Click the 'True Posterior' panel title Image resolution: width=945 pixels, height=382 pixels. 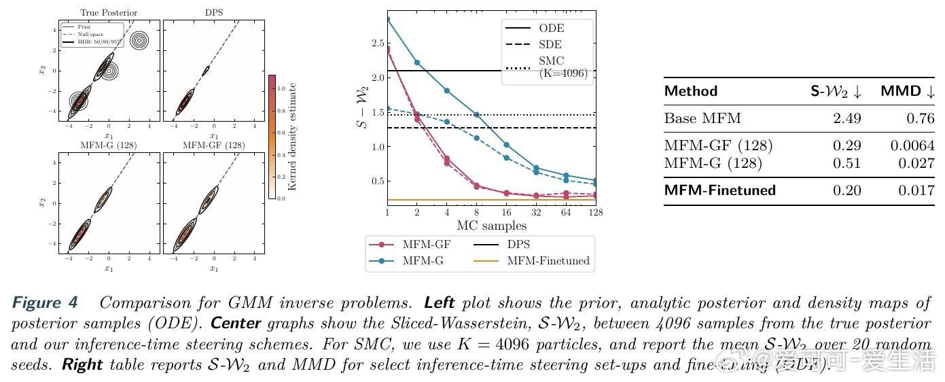pyautogui.click(x=109, y=12)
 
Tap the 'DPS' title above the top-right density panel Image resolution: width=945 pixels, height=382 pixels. pyautogui.click(x=214, y=12)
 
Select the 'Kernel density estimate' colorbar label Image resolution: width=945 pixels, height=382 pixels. pyautogui.click(x=293, y=137)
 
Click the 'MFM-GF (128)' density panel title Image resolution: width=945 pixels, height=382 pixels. pyautogui.click(x=214, y=145)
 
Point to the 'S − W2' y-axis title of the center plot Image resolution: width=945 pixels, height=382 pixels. pyautogui.click(x=365, y=111)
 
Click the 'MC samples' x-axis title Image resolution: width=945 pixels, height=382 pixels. pyautogui.click(x=491, y=226)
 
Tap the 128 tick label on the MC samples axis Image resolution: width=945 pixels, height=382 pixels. pyautogui.click(x=596, y=213)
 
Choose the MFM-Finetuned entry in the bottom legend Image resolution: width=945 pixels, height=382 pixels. pyautogui.click(x=548, y=261)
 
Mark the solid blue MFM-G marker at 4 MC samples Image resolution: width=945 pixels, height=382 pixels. pyautogui.click(x=447, y=90)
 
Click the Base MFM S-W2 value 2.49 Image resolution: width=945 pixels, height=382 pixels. pyautogui.click(x=846, y=118)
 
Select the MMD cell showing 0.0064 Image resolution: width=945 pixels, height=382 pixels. pyautogui.click(x=912, y=145)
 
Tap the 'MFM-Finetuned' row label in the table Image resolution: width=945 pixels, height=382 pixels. pyautogui.click(x=719, y=190)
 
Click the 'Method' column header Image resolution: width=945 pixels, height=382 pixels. pyautogui.click(x=690, y=91)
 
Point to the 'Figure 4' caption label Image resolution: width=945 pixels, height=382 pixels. pyautogui.click(x=45, y=302)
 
